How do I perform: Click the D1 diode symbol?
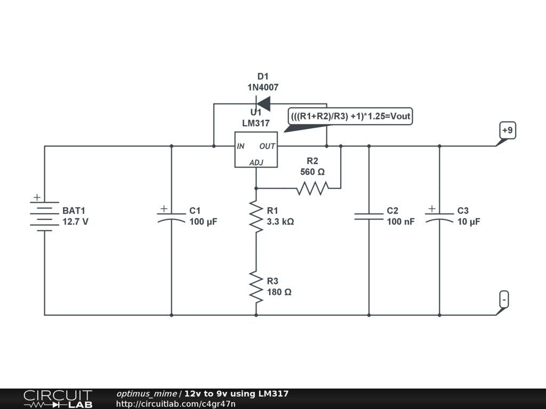263,103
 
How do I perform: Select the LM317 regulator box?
256,150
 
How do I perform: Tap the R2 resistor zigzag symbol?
312,188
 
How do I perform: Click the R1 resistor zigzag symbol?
256,216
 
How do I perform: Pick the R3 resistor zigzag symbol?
256,287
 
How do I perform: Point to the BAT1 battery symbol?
44,216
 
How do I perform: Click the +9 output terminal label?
507,130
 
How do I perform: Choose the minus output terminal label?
504,299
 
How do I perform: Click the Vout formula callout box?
351,116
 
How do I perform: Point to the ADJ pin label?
256,162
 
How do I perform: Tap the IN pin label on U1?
241,146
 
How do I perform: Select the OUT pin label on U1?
267,146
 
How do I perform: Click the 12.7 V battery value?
75,222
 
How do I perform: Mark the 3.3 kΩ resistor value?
280,222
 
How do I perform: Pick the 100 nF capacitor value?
400,222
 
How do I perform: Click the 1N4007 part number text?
263,87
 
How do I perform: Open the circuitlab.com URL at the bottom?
175,404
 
